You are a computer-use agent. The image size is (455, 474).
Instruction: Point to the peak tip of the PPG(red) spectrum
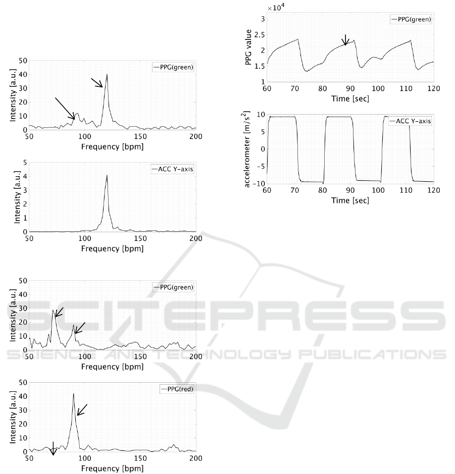coord(73,394)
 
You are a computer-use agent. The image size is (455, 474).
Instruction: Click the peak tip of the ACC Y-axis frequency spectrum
coord(107,175)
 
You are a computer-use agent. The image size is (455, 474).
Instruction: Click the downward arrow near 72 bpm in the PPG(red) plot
coord(53,449)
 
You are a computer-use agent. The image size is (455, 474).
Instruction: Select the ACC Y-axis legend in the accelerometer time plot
coord(410,121)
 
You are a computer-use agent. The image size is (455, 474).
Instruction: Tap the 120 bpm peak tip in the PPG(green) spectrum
coord(107,75)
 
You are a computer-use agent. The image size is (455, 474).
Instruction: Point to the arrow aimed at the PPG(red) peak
coord(82,410)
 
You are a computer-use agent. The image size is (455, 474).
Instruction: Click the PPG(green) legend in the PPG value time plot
coord(411,19)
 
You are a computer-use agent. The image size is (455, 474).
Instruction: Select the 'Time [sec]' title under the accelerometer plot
coord(350,200)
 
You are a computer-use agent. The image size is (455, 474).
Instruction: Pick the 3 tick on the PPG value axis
coord(262,19)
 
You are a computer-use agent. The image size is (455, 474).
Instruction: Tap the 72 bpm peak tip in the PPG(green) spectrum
coord(54,310)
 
